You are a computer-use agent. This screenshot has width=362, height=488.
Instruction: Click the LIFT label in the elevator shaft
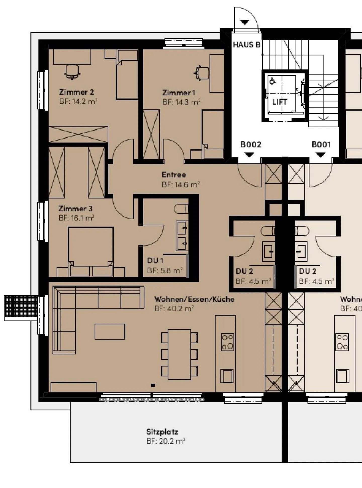pos(279,102)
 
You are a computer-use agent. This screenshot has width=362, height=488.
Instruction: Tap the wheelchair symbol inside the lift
pos(272,81)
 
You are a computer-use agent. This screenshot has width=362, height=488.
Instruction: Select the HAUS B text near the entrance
pos(246,45)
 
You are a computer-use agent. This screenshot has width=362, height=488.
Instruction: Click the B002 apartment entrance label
pos(251,144)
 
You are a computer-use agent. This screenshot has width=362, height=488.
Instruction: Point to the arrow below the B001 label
pos(320,155)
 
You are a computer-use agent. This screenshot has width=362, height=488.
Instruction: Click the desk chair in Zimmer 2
pos(72,72)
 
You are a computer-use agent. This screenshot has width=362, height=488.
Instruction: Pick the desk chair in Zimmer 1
pos(202,73)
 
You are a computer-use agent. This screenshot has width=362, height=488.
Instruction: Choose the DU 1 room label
pos(155,261)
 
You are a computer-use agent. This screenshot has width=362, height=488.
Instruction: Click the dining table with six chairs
pos(179,354)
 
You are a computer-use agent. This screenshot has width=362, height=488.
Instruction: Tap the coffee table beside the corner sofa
pos(110,332)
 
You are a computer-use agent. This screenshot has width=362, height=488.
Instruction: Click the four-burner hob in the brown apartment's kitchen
pos(227,342)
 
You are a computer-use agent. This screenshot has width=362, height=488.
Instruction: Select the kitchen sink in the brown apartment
pos(227,376)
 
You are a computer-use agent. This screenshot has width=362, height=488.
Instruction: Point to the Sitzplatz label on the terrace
pos(162,432)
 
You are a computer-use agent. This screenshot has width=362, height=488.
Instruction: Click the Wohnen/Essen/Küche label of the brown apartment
pos(194,299)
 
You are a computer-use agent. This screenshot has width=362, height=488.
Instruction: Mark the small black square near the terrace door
pos(153,385)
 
